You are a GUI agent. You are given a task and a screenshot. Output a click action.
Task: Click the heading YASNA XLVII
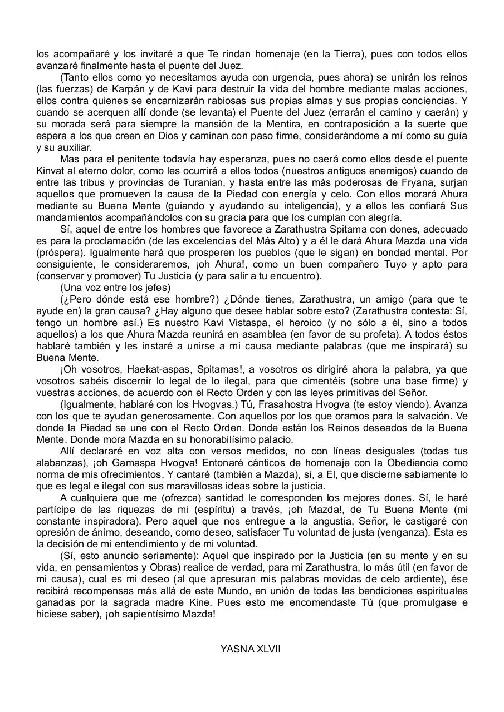(250, 649)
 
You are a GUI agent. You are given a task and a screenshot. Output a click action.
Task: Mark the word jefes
(158, 288)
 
